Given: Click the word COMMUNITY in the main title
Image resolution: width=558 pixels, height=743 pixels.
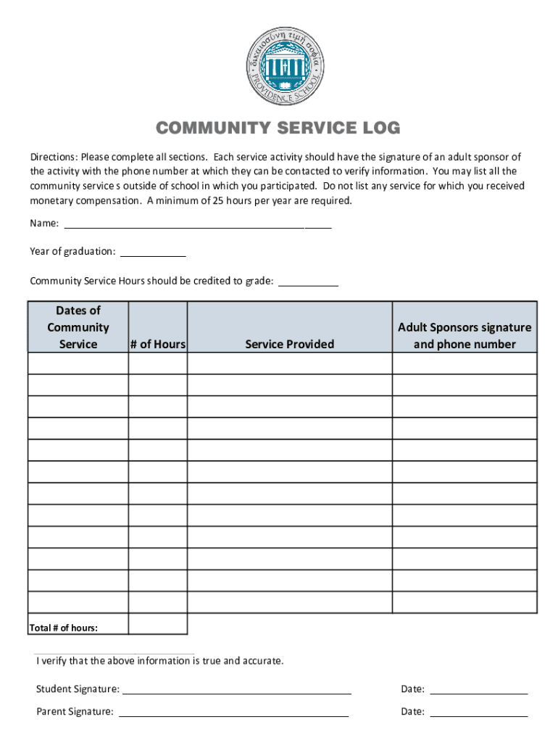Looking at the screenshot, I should [x=207, y=129].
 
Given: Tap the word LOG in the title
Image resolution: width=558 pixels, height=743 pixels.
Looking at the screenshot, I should [x=377, y=129].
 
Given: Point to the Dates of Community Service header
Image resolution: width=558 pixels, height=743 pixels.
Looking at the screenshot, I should [x=78, y=327].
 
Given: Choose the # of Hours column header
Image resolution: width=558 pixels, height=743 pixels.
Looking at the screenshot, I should [x=158, y=344].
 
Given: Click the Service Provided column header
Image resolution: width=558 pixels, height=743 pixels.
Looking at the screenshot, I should [x=290, y=344].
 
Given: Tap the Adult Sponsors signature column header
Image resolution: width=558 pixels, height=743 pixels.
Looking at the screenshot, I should [x=465, y=335].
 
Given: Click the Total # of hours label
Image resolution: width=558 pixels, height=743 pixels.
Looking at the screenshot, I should [x=64, y=628].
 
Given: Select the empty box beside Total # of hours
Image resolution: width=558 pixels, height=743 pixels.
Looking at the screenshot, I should [x=158, y=624].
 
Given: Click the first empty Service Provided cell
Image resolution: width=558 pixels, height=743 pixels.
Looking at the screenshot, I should [x=290, y=364].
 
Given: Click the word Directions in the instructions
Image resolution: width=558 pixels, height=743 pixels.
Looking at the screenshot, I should [x=52, y=157].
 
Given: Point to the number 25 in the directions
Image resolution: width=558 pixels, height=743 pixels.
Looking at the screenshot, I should [x=219, y=201].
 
